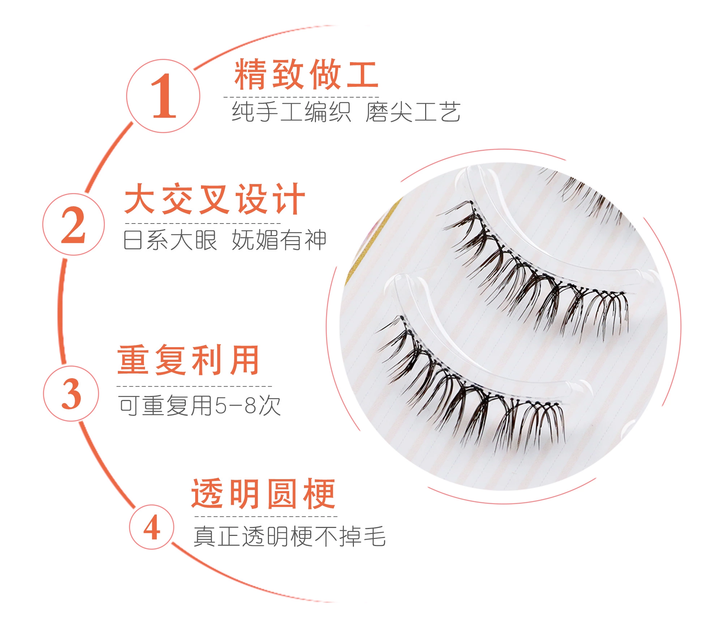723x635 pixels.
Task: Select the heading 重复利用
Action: [188, 360]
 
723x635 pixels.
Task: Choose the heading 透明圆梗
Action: [264, 494]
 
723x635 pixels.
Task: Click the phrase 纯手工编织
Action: [291, 112]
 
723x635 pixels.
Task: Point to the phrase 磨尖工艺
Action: [413, 112]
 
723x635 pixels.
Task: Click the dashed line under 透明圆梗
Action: [266, 516]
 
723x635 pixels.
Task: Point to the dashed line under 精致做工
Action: [301, 97]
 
